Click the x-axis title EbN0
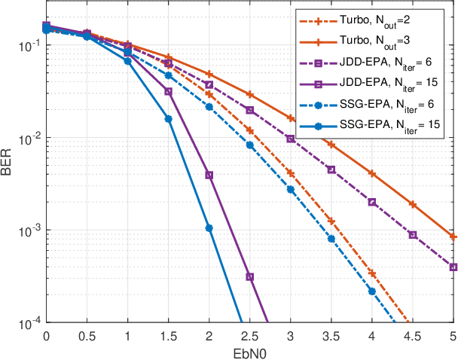coord(249,351)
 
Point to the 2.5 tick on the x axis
coord(249,334)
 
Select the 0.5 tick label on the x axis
coord(87,334)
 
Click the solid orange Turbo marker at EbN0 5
coord(453,236)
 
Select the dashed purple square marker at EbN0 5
coord(453,267)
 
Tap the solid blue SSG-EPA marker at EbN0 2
coord(209,228)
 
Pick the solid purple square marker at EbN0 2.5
coord(250,277)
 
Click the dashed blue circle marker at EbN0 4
coord(372,291)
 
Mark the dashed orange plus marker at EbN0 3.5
coord(331,221)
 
